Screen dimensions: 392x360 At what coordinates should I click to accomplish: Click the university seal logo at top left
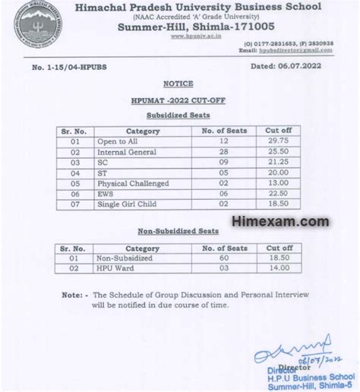click(x=34, y=28)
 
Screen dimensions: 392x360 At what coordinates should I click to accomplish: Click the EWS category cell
click(x=106, y=194)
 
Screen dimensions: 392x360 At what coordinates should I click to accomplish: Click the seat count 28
click(x=223, y=152)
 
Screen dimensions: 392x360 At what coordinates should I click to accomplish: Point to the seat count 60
click(x=223, y=258)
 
